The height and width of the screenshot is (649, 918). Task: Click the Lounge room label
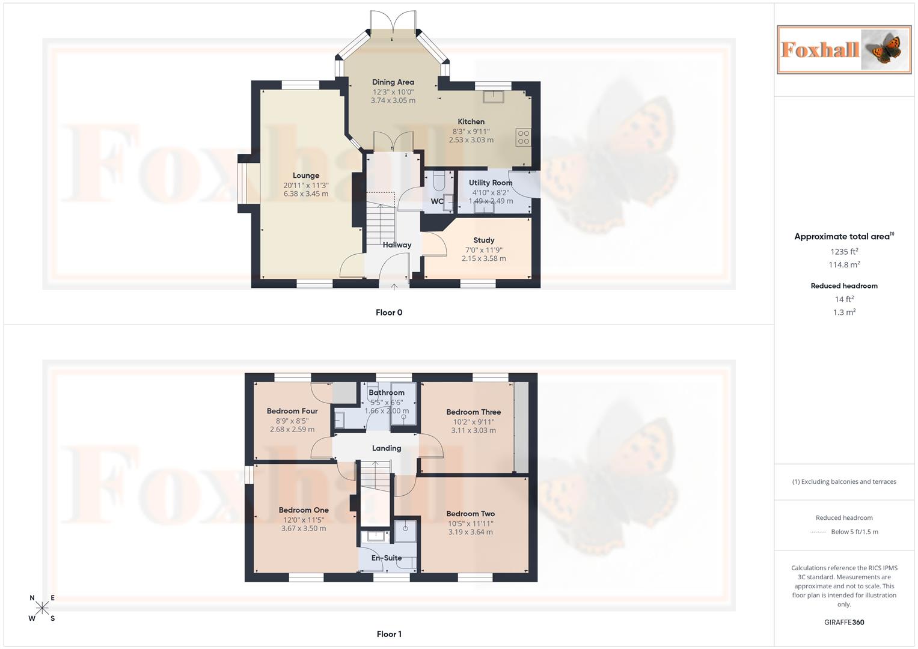(x=306, y=175)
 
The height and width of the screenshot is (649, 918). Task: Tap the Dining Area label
(x=393, y=82)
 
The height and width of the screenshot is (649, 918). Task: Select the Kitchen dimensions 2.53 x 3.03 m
(x=471, y=140)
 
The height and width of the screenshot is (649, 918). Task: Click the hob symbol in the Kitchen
(x=523, y=137)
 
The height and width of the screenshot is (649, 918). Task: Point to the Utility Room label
(x=491, y=183)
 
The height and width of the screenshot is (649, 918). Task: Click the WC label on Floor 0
(x=437, y=201)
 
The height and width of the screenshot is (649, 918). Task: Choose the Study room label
(x=483, y=240)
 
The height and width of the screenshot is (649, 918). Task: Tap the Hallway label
(x=397, y=245)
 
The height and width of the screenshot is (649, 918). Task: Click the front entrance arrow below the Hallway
(x=394, y=287)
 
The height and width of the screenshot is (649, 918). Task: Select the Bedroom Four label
(x=292, y=411)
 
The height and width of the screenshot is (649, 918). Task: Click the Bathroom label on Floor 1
(x=387, y=392)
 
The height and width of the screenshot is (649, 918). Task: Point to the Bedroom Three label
(x=473, y=412)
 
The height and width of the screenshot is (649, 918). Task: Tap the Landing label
(x=387, y=448)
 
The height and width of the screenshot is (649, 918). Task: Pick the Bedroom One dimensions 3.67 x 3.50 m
(x=304, y=529)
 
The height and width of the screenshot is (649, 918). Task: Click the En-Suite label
(x=387, y=558)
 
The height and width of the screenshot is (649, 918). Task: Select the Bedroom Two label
(x=470, y=514)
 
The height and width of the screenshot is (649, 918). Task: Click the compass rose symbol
(x=42, y=608)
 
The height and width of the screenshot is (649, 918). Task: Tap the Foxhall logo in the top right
(x=844, y=49)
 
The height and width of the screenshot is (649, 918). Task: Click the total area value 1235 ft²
(x=844, y=252)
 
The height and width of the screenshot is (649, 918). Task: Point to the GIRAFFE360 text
(x=844, y=623)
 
